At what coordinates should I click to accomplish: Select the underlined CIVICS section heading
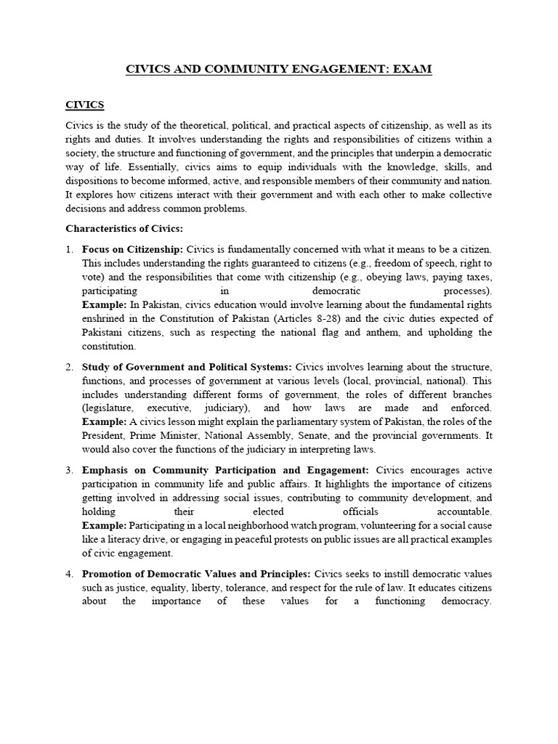(85, 105)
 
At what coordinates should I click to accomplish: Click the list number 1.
(69, 250)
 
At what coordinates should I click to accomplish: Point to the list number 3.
(69, 471)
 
